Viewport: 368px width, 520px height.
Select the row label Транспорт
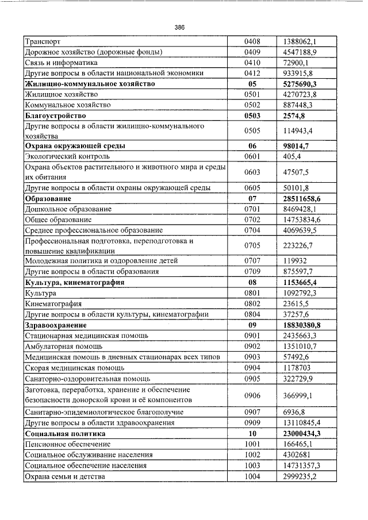coord(44,41)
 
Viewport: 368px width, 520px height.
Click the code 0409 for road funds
coord(252,52)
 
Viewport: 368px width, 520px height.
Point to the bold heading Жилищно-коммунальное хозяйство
coord(90,84)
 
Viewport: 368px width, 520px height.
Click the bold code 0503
coord(252,115)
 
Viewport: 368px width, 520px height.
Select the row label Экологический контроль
coord(67,156)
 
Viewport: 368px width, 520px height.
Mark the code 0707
coord(252,261)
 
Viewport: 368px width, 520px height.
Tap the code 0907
coord(252,412)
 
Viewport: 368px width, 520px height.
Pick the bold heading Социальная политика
coord(65,434)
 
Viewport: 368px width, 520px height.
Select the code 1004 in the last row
coord(252,476)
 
